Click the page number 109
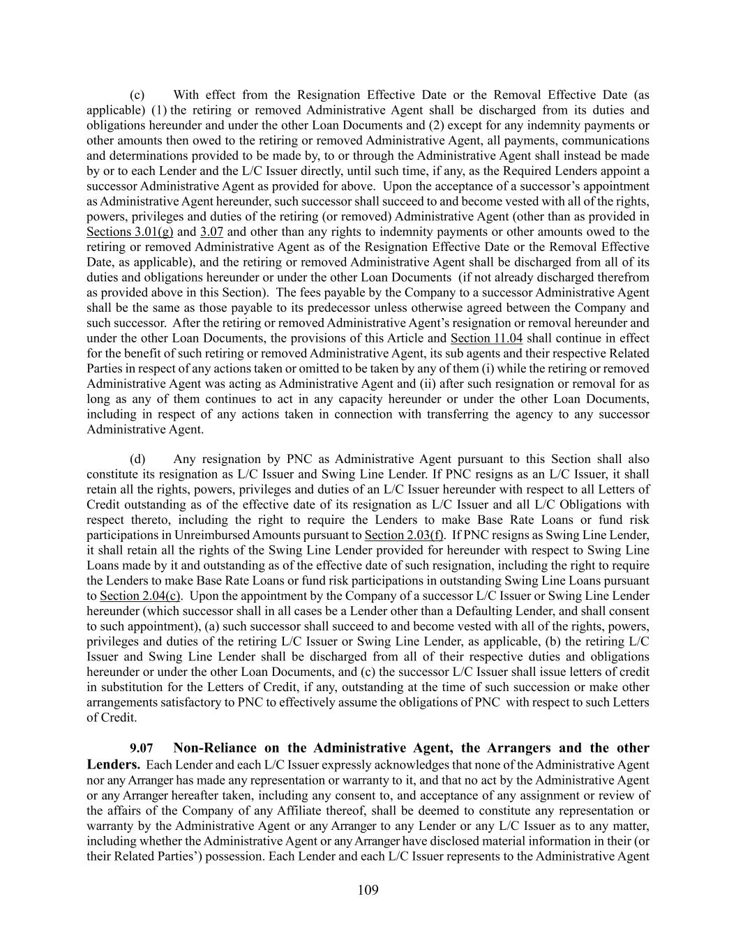click(368, 890)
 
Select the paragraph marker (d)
click(137, 459)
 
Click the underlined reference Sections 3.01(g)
click(130, 232)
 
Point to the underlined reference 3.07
click(211, 232)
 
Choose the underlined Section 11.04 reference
click(486, 338)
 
